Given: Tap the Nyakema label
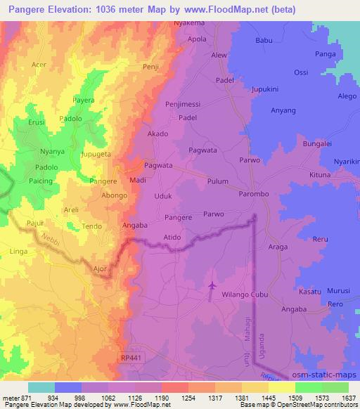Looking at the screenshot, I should point(190,23).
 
